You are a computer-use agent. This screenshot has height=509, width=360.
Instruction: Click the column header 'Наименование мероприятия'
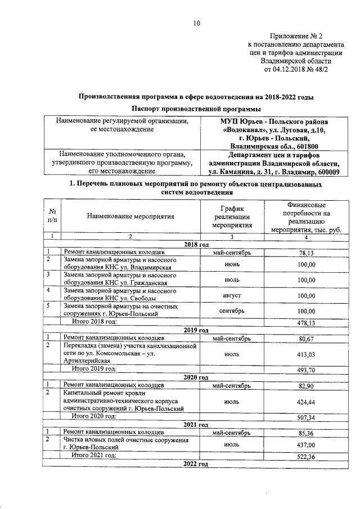tap(130, 216)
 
